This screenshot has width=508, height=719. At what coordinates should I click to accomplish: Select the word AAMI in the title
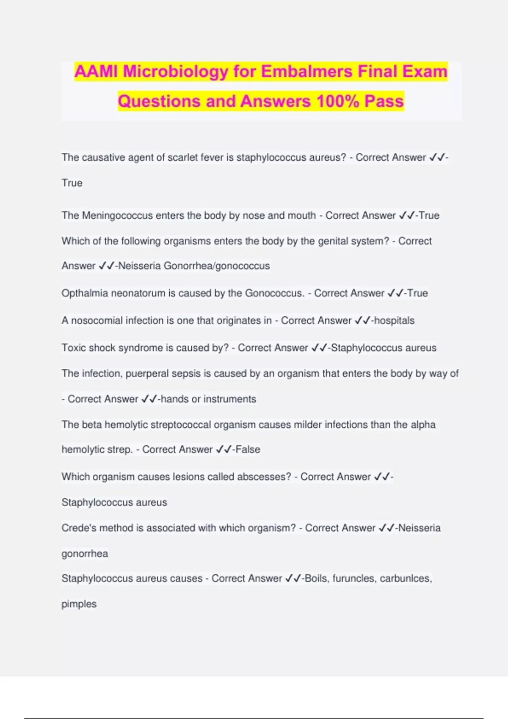(x=96, y=71)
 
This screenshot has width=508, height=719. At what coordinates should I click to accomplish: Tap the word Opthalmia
(x=85, y=293)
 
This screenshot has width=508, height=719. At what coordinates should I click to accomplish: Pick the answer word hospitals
(x=395, y=321)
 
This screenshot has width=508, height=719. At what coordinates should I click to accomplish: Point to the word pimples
(x=79, y=604)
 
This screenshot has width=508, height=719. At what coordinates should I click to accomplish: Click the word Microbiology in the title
(x=176, y=71)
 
